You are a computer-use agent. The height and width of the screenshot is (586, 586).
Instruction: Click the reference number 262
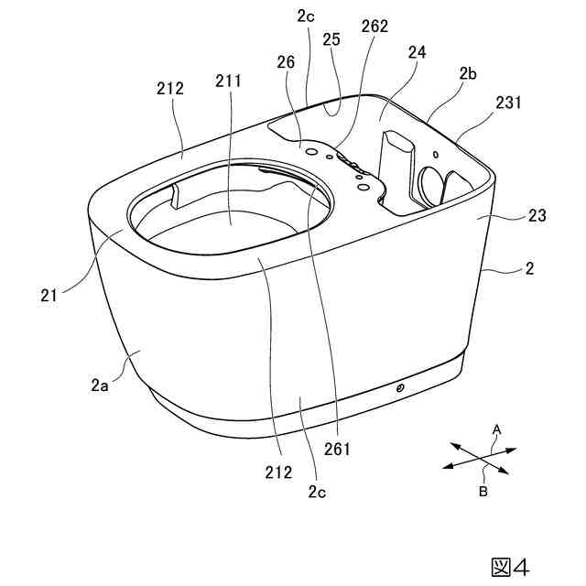click(374, 27)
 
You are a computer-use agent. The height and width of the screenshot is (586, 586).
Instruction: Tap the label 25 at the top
click(331, 39)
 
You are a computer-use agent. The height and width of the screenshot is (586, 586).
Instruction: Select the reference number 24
click(417, 52)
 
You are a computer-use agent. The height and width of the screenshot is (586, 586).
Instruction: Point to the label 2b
click(468, 74)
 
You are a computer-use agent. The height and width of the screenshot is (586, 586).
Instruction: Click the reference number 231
click(508, 102)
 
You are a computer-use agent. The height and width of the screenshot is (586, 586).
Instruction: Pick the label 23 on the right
click(537, 216)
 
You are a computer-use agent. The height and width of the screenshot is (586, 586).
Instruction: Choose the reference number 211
click(228, 81)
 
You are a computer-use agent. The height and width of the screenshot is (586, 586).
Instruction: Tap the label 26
click(286, 62)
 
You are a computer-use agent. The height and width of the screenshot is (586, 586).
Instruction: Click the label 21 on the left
click(49, 296)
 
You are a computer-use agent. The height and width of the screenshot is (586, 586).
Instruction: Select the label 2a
click(100, 385)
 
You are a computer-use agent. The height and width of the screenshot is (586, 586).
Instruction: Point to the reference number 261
click(337, 449)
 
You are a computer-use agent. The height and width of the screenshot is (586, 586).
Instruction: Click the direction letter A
click(496, 429)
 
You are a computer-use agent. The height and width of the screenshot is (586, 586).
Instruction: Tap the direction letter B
click(483, 492)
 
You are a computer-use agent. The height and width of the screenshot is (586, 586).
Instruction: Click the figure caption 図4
click(510, 568)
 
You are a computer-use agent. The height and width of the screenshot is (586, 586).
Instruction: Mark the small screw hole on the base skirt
click(400, 388)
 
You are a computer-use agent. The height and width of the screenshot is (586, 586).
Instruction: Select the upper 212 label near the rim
click(170, 89)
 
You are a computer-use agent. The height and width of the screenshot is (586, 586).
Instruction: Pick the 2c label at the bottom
click(317, 493)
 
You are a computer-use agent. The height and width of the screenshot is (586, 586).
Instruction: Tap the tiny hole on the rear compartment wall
click(436, 154)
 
